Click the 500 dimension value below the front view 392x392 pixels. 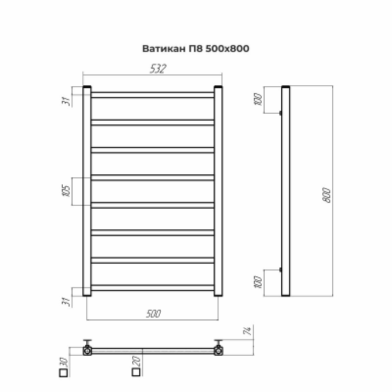click(x=153, y=314)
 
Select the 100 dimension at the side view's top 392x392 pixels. click(x=260, y=100)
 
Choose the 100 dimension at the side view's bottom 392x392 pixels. click(x=260, y=282)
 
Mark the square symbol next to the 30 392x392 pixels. click(x=63, y=374)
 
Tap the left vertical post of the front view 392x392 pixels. click(x=87, y=191)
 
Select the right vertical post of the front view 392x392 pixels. click(x=219, y=191)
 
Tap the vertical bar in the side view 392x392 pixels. click(x=286, y=191)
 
